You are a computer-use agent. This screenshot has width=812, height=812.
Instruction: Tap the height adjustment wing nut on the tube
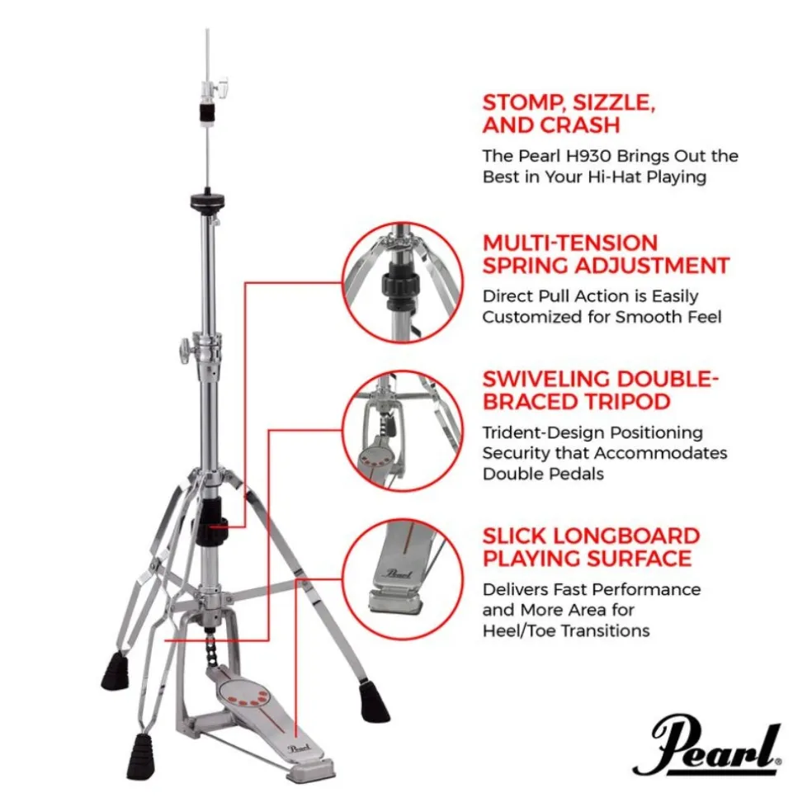183,356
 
